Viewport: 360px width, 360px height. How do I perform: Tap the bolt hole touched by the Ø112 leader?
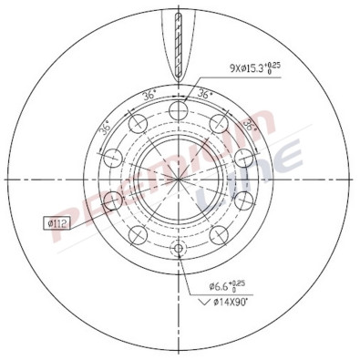click(x=113, y=200)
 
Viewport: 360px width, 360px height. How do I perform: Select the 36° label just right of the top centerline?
click(x=209, y=94)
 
